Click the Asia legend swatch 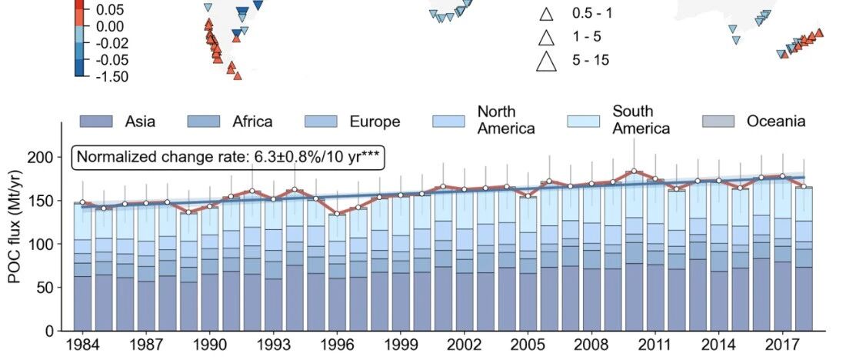pyautogui.click(x=96, y=122)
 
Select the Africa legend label pyautogui.click(x=252, y=122)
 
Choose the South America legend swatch pyautogui.click(x=584, y=122)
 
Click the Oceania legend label pyautogui.click(x=777, y=121)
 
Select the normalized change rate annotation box pyautogui.click(x=228, y=157)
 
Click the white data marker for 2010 pyautogui.click(x=634, y=171)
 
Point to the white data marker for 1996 pyautogui.click(x=337, y=214)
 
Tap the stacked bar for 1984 pyautogui.click(x=82, y=267)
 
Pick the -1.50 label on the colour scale pyautogui.click(x=112, y=77)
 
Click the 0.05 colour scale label pyautogui.click(x=109, y=10)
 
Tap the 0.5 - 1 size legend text pyautogui.click(x=592, y=14)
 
